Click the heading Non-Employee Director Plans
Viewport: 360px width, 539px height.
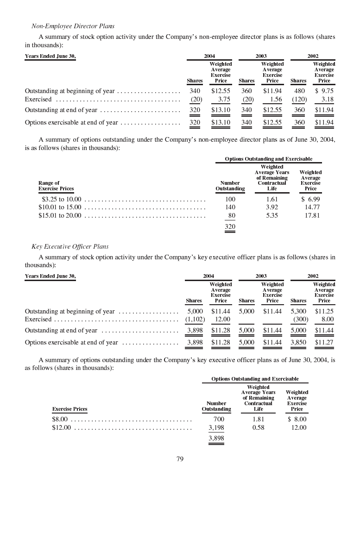point(73,26)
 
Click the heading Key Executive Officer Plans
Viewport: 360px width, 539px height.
point(70,246)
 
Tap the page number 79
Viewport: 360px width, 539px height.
point(180,459)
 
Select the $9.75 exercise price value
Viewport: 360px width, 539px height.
point(324,91)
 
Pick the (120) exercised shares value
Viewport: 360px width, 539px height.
point(298,100)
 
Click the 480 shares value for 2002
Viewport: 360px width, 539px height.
point(300,91)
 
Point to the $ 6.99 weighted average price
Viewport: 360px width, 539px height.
point(310,199)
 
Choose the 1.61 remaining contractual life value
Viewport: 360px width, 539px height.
point(272,199)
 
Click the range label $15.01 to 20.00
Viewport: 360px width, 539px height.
point(60,215)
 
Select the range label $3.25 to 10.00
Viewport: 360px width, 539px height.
point(60,199)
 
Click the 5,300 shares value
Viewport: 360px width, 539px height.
point(298,312)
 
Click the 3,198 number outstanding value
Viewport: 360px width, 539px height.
point(216,427)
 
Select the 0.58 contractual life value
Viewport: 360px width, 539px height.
point(258,427)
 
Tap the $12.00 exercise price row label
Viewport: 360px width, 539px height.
point(62,427)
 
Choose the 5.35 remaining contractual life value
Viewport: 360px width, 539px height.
point(272,215)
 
